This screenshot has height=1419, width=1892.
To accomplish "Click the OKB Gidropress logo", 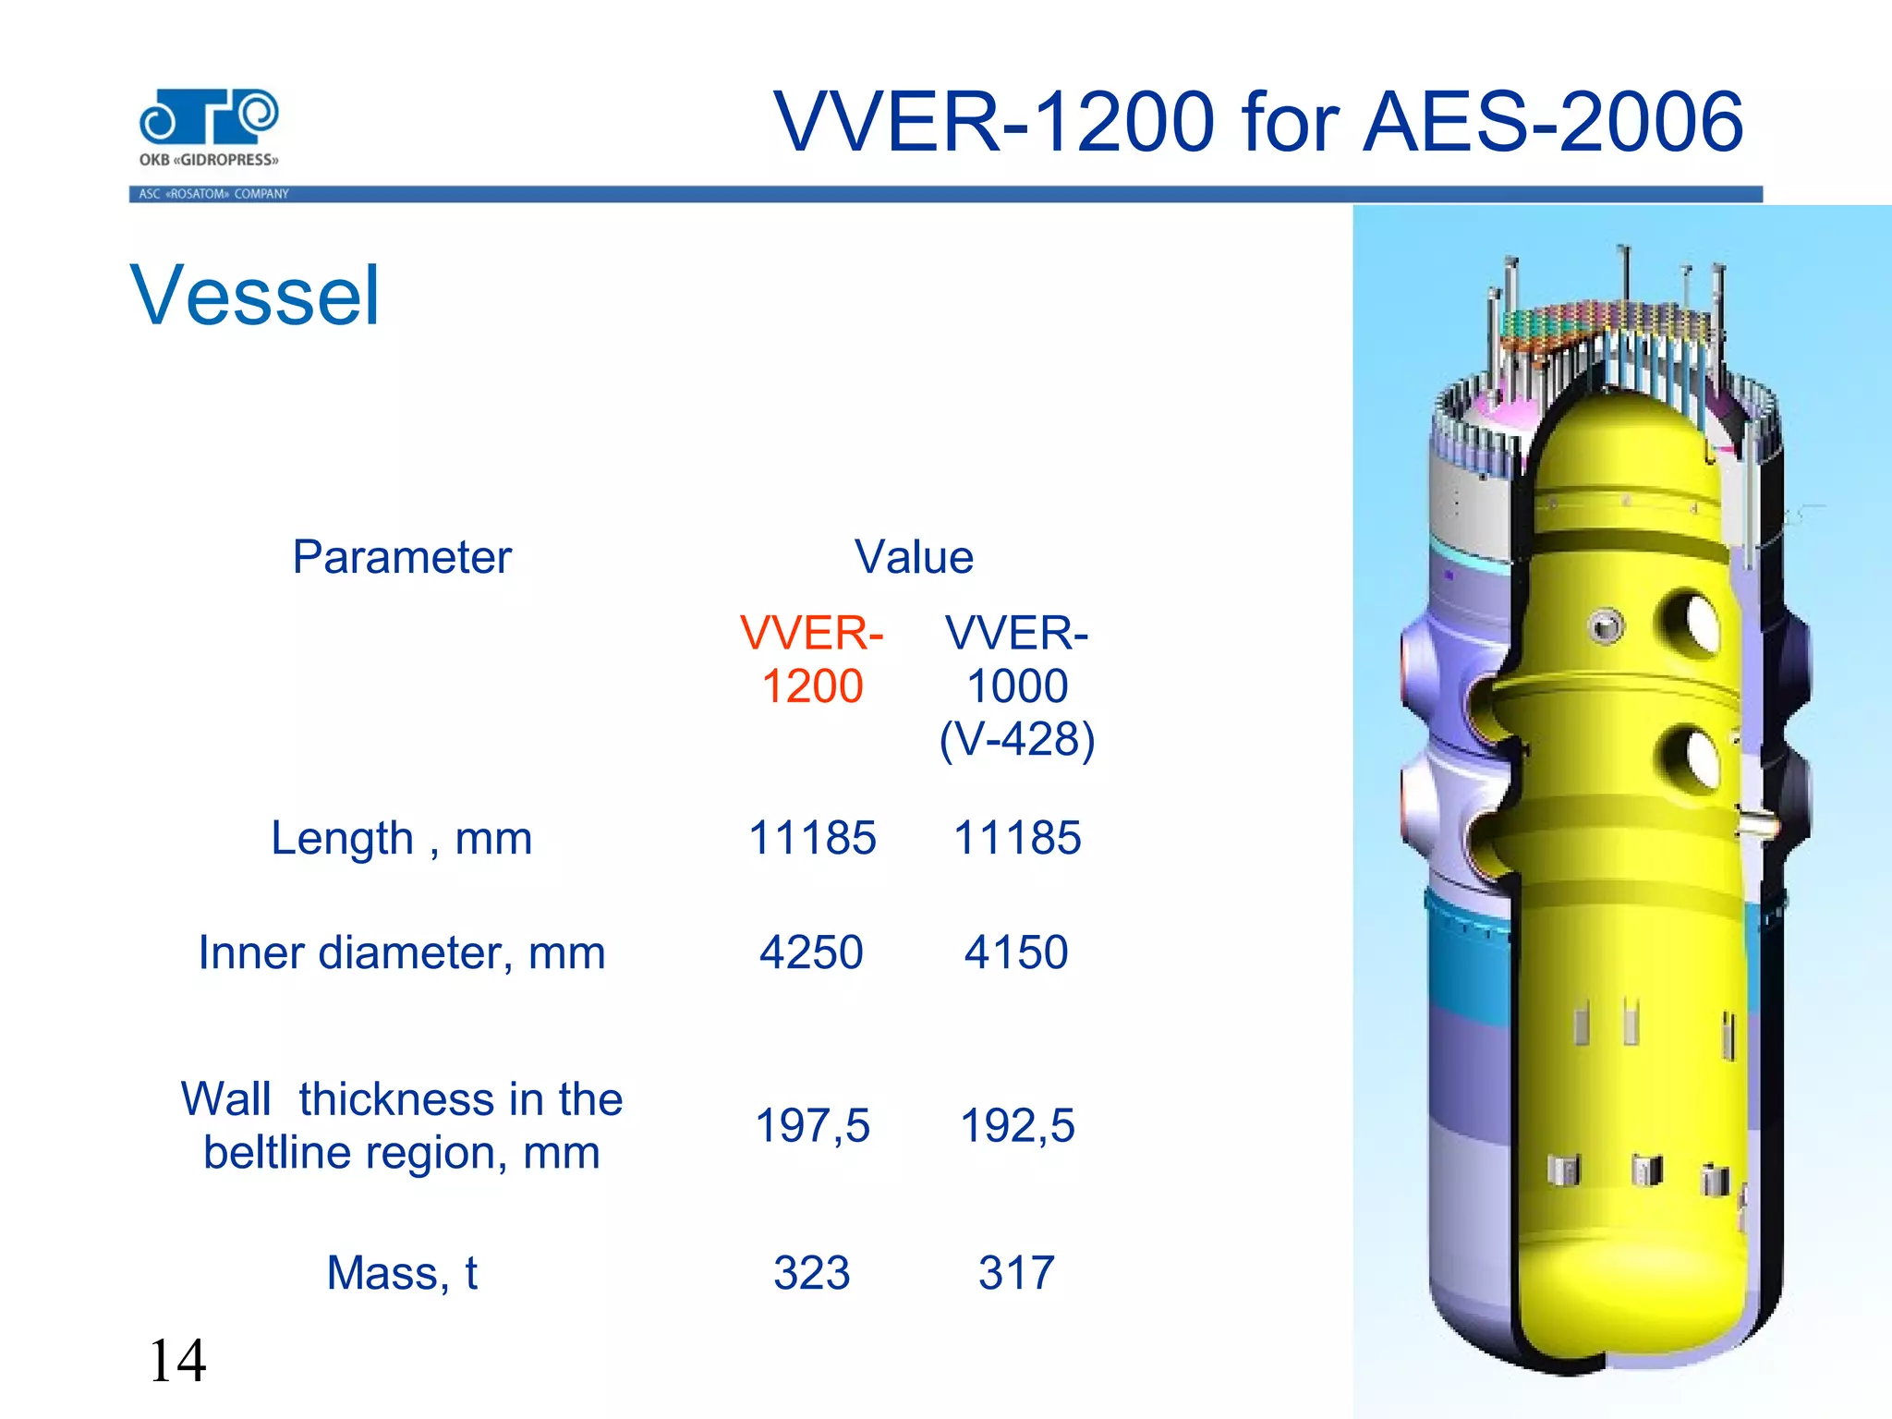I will pyautogui.click(x=209, y=127).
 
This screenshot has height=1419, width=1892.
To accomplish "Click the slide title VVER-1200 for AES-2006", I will pyautogui.click(x=1258, y=122).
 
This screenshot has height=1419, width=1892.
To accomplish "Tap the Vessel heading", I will pyautogui.click(x=255, y=296).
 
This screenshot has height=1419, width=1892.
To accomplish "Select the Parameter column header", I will pyautogui.click(x=402, y=557).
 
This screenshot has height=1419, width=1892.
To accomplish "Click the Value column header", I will pyautogui.click(x=914, y=557).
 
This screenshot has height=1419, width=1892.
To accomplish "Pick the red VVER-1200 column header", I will pyautogui.click(x=812, y=660).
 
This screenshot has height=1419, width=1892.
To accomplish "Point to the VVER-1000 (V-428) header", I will pyautogui.click(x=1017, y=685).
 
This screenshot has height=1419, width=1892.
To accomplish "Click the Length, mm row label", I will pyautogui.click(x=402, y=839).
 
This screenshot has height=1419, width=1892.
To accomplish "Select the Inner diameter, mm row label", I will pyautogui.click(x=402, y=952).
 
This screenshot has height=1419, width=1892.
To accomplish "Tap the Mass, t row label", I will pyautogui.click(x=402, y=1273).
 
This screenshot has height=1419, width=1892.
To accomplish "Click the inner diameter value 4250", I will pyautogui.click(x=811, y=952).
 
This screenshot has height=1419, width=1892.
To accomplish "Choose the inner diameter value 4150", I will pyautogui.click(x=1016, y=952).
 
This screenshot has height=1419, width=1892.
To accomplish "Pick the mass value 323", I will pyautogui.click(x=811, y=1273).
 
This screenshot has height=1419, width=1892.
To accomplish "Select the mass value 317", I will pyautogui.click(x=1016, y=1273).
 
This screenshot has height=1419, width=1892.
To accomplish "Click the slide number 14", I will pyautogui.click(x=177, y=1361).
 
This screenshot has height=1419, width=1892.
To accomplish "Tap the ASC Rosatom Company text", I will pyautogui.click(x=213, y=194).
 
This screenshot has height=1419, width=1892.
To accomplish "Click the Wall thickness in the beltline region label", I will pyautogui.click(x=402, y=1125).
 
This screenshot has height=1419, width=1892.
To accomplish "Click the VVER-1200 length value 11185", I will pyautogui.click(x=812, y=839).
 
